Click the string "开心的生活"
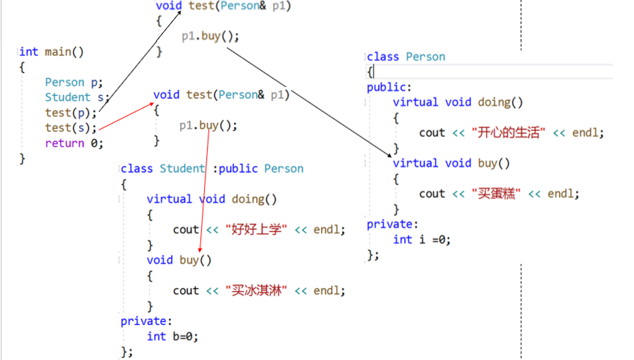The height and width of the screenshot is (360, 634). pos(511,132)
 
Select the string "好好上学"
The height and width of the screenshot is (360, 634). pos(257,229)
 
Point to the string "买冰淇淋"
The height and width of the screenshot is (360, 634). pos(257,290)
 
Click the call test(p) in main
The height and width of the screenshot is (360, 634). pos(70,112)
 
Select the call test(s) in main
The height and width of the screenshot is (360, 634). pos(70,127)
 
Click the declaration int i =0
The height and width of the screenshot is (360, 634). pos(422,239)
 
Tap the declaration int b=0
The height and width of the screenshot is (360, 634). pos(173,336)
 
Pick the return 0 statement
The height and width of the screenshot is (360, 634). pos(74,143)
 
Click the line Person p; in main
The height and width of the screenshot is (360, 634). pos(74,82)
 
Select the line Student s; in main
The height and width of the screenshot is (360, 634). pos(77,97)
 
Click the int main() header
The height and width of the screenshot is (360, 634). pos(52,51)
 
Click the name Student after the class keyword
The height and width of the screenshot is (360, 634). pos(183,168)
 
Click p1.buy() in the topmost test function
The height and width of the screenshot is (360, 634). pos(211,35)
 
